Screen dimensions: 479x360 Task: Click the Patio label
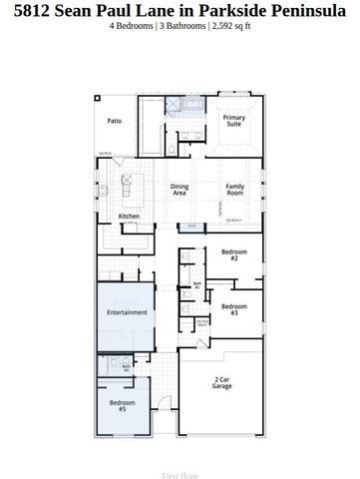pyautogui.click(x=115, y=121)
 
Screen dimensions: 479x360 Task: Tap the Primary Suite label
pyautogui.click(x=233, y=121)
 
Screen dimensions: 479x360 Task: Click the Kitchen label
pyautogui.click(x=129, y=216)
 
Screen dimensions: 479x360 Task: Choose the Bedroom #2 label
pyautogui.click(x=233, y=255)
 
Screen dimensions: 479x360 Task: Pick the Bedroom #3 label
pyautogui.click(x=233, y=308)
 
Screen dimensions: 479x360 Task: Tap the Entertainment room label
pyautogui.click(x=127, y=312)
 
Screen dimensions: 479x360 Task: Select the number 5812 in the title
pyautogui.click(x=35, y=10)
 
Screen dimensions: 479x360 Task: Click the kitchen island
pyautogui.click(x=129, y=187)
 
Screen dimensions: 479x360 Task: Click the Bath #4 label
pyautogui.click(x=127, y=368)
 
